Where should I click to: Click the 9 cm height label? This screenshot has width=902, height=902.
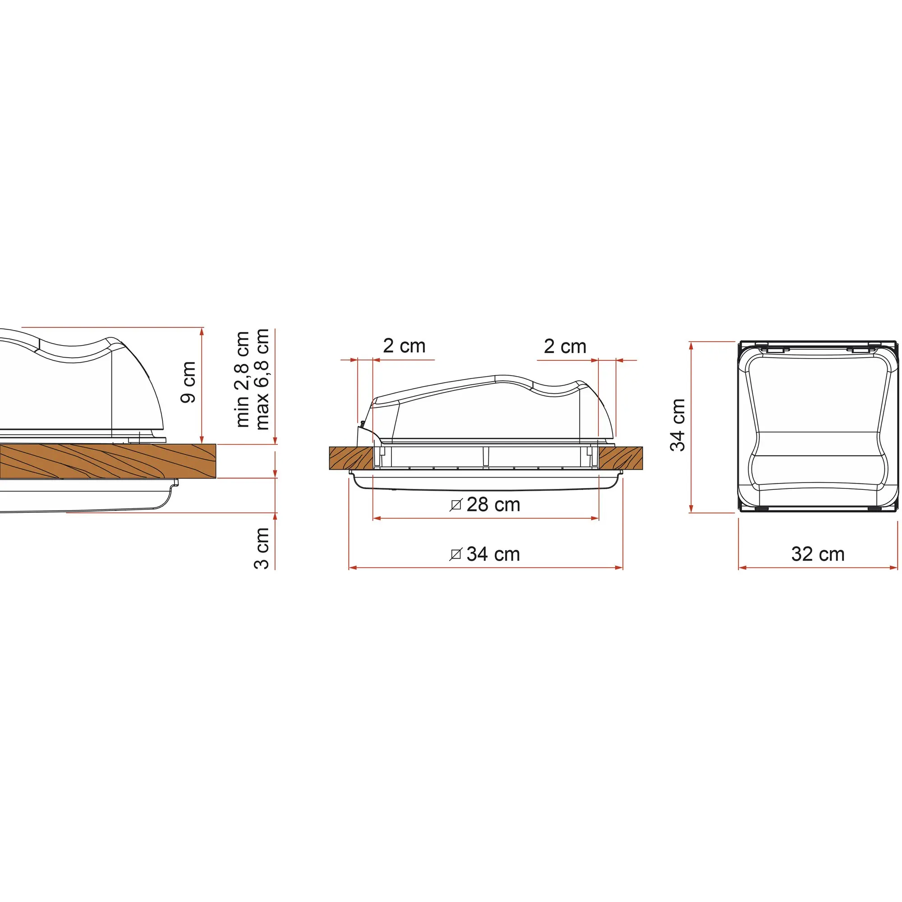coord(189,382)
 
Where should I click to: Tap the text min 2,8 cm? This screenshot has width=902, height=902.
coord(243,380)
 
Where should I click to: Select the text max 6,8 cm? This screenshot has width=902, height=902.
coord(262,379)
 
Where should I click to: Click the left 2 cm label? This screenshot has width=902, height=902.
coord(404,346)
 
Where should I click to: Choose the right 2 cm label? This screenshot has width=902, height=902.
coord(565,346)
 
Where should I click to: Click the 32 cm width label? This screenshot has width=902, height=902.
coord(818,554)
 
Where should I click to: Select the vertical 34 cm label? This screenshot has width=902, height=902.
coord(678,425)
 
